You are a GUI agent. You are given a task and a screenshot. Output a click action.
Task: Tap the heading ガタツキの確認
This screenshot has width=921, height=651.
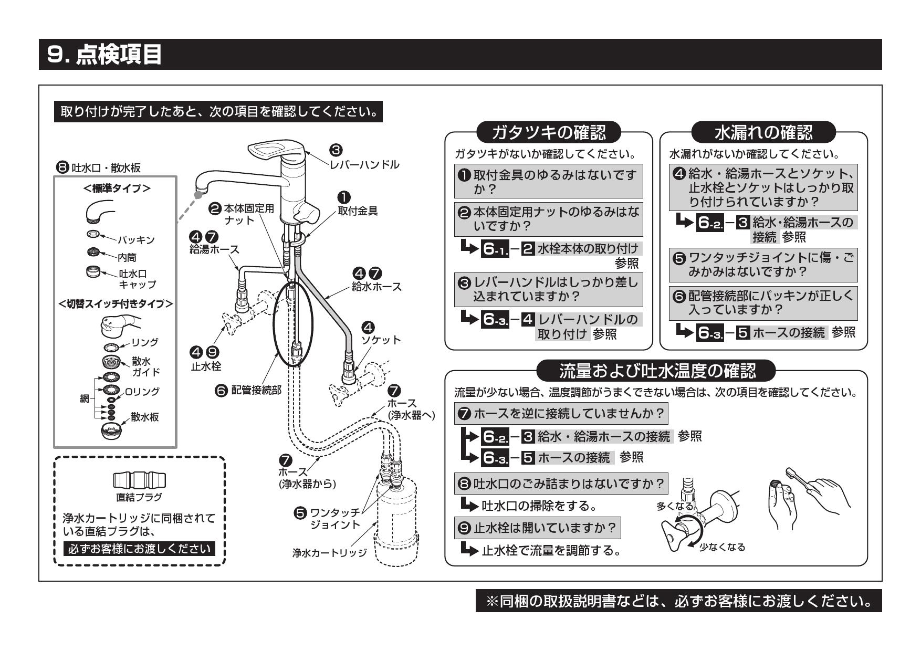click(x=548, y=132)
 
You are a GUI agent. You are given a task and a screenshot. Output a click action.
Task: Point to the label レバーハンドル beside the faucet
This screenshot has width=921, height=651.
click(x=364, y=165)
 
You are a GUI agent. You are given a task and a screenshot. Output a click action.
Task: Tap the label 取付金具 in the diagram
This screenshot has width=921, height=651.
click(x=358, y=211)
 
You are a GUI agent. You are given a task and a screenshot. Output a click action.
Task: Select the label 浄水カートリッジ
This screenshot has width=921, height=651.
click(x=329, y=553)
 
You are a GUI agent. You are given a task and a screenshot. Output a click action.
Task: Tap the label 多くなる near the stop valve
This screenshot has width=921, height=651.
click(x=675, y=506)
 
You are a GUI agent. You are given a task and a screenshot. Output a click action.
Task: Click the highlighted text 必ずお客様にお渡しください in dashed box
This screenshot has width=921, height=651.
click(x=139, y=549)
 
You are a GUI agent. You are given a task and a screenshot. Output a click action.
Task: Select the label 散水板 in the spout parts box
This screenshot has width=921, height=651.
click(x=145, y=417)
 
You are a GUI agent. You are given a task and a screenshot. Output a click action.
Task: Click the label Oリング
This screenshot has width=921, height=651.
click(x=142, y=392)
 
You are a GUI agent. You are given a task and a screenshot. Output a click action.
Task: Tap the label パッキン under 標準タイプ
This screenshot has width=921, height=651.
click(x=136, y=240)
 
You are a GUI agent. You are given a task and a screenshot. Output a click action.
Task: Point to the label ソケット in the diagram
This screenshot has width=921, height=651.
click(x=381, y=340)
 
